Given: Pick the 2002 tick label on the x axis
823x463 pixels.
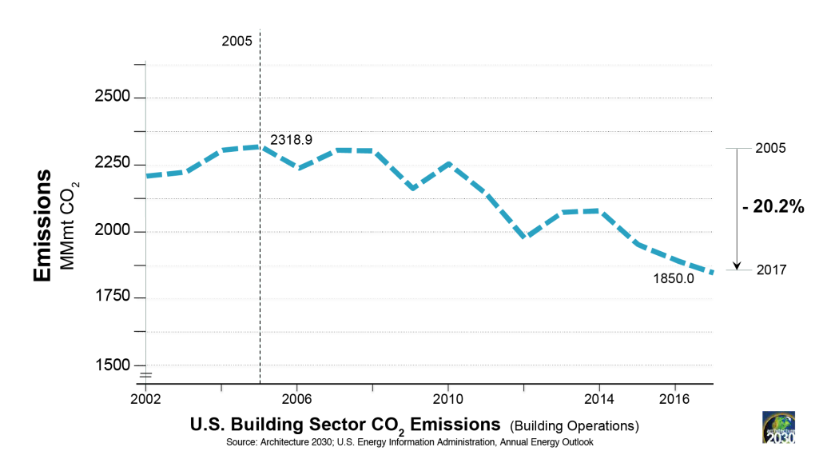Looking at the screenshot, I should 146,398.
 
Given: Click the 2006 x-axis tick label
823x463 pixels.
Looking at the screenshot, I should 296,398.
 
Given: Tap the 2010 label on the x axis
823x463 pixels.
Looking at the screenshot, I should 447,398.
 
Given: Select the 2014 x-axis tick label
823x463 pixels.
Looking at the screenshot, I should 598,398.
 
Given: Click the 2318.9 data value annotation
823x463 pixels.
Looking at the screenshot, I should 291,140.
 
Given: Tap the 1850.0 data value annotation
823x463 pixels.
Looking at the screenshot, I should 674,279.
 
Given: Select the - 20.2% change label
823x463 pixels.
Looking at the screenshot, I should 773,206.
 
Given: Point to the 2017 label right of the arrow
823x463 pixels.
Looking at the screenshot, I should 773,270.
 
